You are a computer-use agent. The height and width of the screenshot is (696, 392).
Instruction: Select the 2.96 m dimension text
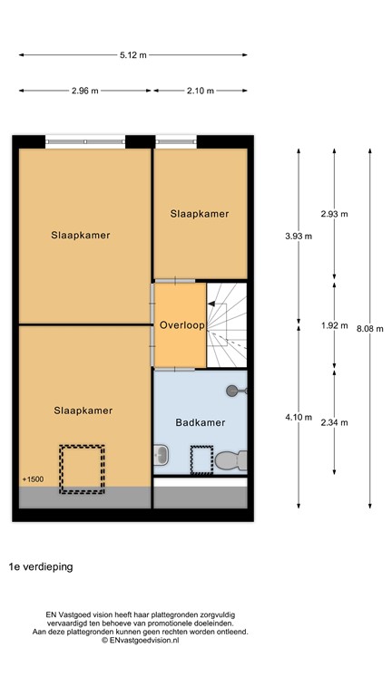click(85, 91)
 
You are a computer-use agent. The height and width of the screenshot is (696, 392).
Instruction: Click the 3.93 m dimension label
click(299, 236)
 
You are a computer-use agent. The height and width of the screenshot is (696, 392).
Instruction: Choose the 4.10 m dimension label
click(299, 418)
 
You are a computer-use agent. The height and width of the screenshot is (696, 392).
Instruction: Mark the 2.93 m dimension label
click(334, 214)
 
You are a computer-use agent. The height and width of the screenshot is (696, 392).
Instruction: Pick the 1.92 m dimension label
click(334, 325)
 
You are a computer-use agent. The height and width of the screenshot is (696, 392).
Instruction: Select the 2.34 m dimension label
click(334, 422)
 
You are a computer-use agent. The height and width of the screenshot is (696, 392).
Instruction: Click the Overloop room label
click(181, 324)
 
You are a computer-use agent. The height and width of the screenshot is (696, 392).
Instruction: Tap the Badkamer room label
click(200, 422)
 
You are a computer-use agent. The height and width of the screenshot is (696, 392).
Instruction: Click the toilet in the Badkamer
click(231, 459)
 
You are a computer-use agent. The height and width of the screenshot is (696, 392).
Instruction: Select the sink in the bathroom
click(161, 456)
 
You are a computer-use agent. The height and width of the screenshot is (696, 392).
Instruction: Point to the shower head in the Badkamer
click(235, 390)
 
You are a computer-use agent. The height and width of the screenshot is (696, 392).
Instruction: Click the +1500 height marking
click(32, 478)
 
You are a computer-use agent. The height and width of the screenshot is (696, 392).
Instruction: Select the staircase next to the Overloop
click(227, 324)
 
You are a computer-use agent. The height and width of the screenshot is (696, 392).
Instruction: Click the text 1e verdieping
click(41, 566)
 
